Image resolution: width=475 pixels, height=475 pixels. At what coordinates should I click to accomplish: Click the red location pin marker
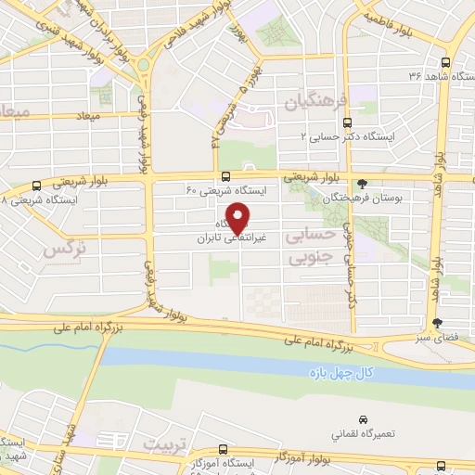pos(238,217)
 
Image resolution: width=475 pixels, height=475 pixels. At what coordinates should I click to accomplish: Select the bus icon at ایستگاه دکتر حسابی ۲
pos(347,122)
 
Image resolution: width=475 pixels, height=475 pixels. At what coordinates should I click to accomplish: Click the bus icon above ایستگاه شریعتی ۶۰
pos(226,176)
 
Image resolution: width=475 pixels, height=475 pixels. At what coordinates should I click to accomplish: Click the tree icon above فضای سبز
pos(437,323)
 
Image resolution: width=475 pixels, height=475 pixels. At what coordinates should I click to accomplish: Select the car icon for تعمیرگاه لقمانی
pos(362,419)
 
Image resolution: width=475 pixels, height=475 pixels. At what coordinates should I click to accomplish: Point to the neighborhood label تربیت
pos(164,444)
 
